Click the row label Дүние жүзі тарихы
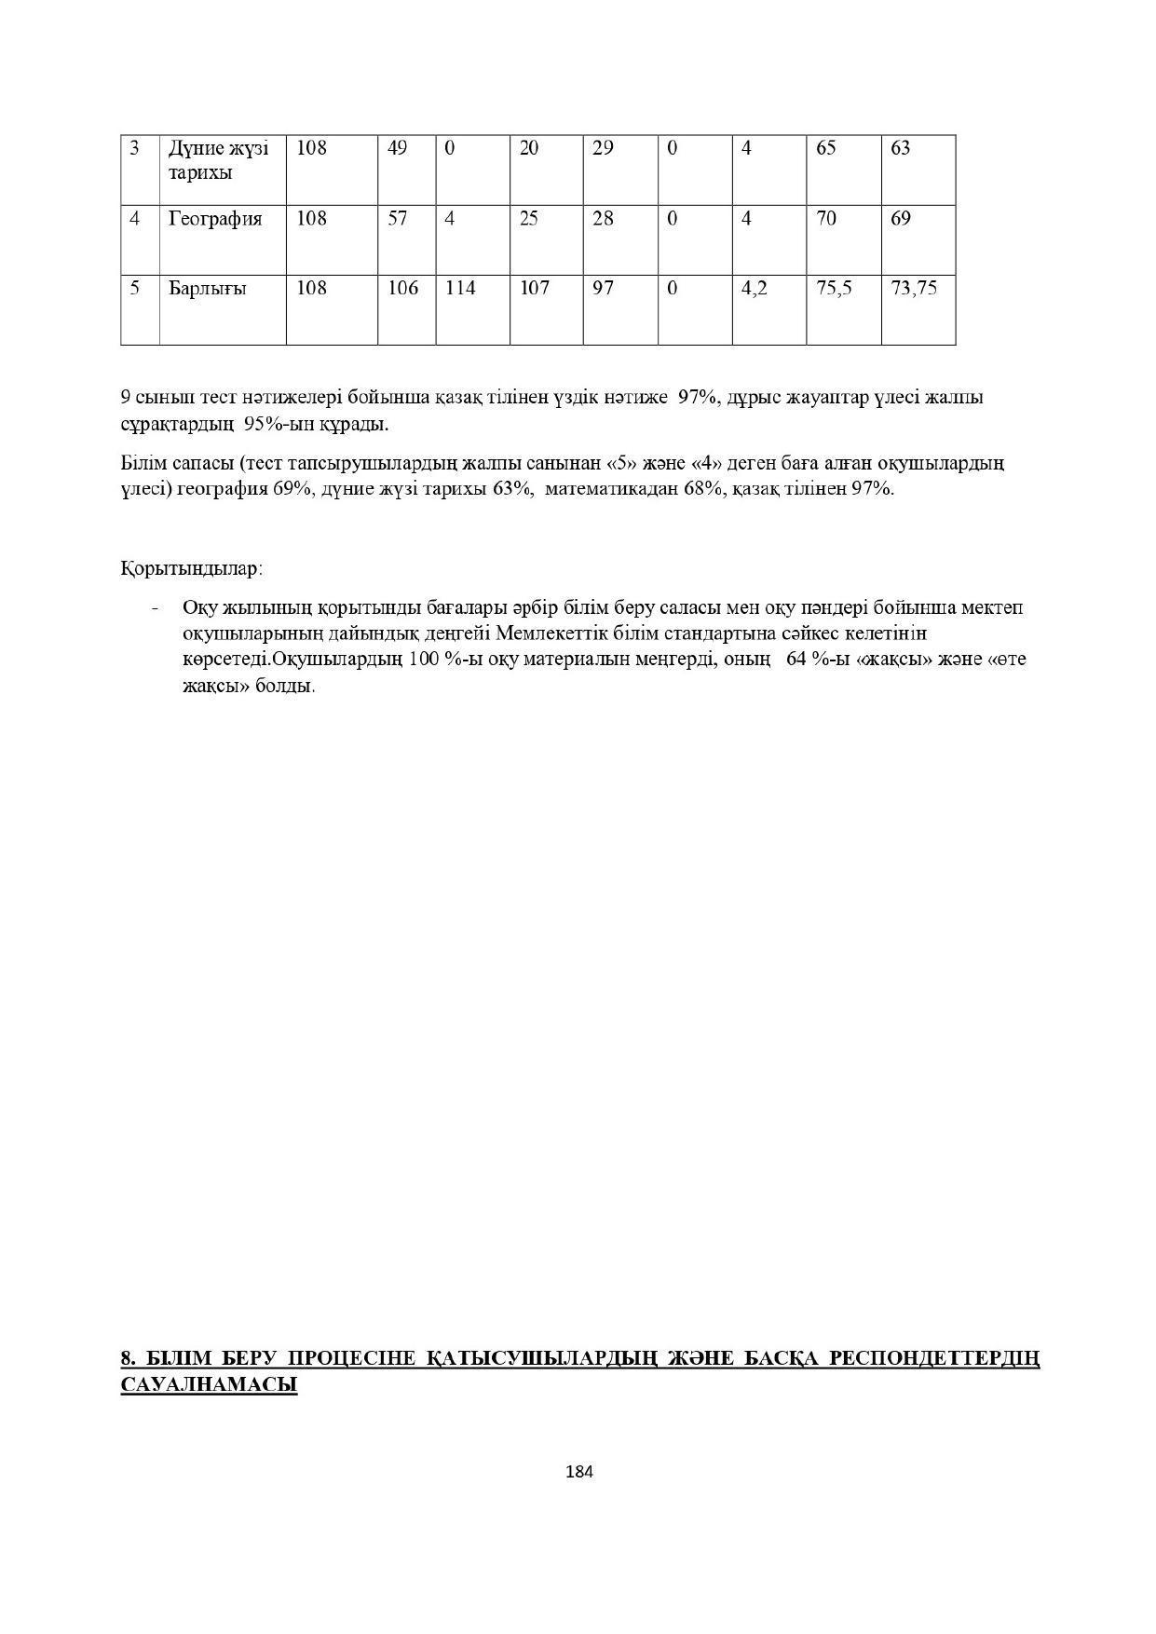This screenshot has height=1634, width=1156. (x=218, y=160)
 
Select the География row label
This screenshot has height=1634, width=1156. (x=215, y=219)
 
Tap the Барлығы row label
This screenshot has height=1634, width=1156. (x=207, y=289)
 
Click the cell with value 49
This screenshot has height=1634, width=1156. (x=397, y=148)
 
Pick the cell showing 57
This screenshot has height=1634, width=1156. (x=397, y=219)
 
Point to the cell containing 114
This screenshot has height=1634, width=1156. (x=460, y=289)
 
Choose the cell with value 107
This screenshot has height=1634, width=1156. (x=534, y=289)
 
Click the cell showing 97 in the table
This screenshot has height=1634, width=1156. (x=603, y=289)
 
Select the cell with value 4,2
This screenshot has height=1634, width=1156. (x=754, y=289)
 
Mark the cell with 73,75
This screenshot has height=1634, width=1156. (x=914, y=289)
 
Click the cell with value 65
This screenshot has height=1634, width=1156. (x=825, y=148)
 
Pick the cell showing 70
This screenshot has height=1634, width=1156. (x=825, y=219)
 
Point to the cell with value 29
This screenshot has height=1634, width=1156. (x=603, y=148)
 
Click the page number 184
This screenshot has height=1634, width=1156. (x=579, y=1472)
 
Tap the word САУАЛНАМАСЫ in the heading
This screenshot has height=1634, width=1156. (x=209, y=1385)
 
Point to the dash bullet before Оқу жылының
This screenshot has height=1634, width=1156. (x=155, y=608)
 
